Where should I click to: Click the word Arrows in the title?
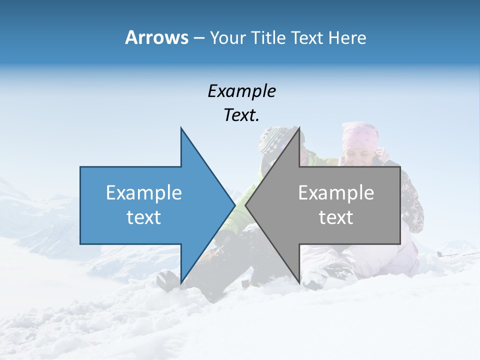click(157, 37)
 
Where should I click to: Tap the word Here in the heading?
click(347, 38)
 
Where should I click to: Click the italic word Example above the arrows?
click(241, 91)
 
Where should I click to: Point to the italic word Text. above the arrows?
click(241, 115)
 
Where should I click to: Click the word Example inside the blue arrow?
click(144, 193)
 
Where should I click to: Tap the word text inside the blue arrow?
click(144, 217)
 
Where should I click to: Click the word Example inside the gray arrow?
click(336, 193)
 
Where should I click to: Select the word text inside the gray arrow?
click(336, 217)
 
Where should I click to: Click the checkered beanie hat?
click(273, 139)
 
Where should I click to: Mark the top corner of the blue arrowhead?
click(181, 128)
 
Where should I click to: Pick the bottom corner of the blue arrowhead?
click(181, 283)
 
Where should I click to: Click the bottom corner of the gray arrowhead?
click(299, 283)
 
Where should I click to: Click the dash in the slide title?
click(198, 38)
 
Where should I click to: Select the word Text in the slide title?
click(307, 38)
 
